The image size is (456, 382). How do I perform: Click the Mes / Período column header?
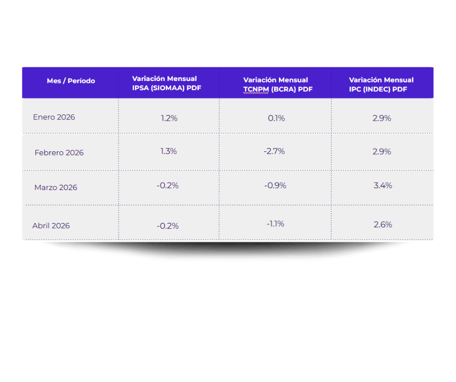click(71, 81)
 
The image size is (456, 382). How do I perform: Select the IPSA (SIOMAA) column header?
click(167, 83)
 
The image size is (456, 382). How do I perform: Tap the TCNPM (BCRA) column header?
click(278, 85)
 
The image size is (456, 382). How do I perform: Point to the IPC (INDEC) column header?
click(381, 85)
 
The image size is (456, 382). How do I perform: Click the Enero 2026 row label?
click(54, 117)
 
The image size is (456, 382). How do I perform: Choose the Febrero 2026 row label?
click(59, 153)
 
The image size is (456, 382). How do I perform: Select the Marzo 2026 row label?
click(56, 188)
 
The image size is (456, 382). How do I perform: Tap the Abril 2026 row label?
click(51, 226)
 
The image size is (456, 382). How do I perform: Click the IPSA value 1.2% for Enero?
click(169, 118)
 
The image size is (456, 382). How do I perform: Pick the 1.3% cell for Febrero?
click(169, 151)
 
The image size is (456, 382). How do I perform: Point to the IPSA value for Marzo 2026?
click(167, 186)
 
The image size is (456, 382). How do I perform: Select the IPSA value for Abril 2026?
click(168, 226)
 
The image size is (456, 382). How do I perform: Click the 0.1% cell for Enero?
click(277, 118)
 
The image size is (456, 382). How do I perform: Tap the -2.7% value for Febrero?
click(274, 151)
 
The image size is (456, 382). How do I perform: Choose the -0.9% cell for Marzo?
click(275, 186)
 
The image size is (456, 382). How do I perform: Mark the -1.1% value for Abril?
click(276, 224)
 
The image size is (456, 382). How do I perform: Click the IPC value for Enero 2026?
click(382, 118)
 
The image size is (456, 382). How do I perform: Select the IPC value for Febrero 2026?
click(382, 152)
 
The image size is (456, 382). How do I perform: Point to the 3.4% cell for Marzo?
click(383, 186)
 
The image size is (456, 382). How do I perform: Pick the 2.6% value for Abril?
click(383, 225)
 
